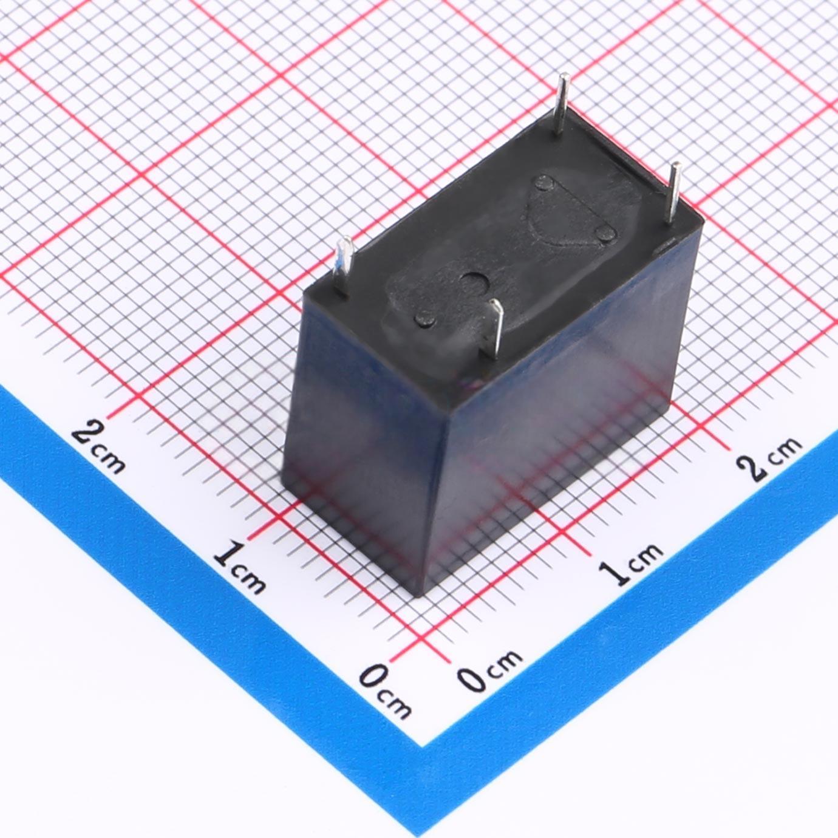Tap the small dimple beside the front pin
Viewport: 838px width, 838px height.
coord(425,318)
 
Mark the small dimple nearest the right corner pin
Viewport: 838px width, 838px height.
coord(606,234)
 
